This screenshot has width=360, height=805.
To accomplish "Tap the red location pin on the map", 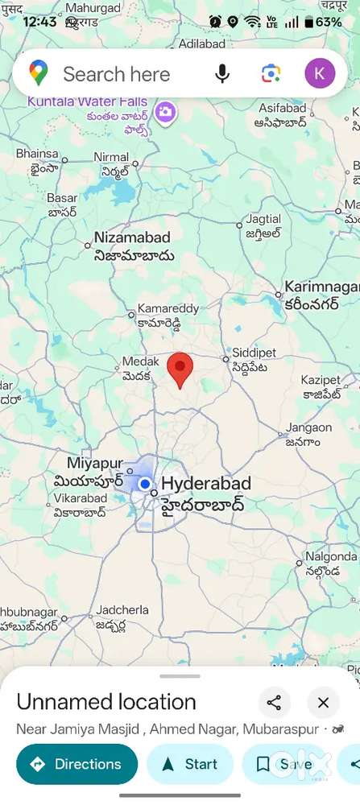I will point(180,369).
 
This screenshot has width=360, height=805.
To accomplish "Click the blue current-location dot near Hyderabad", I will point(145,484).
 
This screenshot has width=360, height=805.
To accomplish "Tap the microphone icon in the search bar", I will point(222,74).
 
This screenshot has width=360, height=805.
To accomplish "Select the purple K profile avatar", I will point(319,74).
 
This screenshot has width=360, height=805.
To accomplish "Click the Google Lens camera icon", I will point(271,74).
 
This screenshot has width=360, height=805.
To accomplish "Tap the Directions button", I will point(77,764).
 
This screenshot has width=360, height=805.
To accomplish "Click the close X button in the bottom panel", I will point(323,703).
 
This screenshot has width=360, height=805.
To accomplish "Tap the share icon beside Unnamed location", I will point(274,703).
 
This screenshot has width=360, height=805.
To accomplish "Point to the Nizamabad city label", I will point(132,237).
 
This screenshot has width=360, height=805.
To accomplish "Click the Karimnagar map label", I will point(321,287).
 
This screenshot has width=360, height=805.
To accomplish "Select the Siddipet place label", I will point(254,353).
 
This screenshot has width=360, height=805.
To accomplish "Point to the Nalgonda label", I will point(331,555).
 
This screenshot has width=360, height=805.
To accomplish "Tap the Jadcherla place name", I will point(122,611).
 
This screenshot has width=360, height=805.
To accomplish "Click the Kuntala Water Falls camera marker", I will point(166,111).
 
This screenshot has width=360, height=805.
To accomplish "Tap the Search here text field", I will point(117,74).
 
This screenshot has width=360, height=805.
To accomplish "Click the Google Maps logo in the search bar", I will point(38,74).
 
